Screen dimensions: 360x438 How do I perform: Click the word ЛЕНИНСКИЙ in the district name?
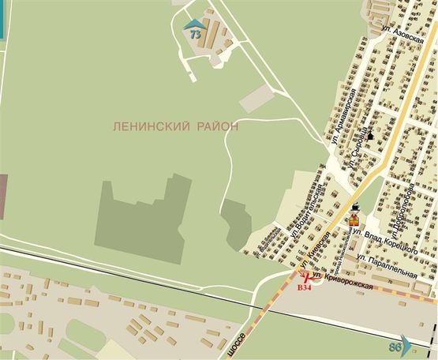[151, 125]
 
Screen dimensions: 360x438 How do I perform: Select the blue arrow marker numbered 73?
[193, 32]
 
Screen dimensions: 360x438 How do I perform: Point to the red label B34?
[304, 287]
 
